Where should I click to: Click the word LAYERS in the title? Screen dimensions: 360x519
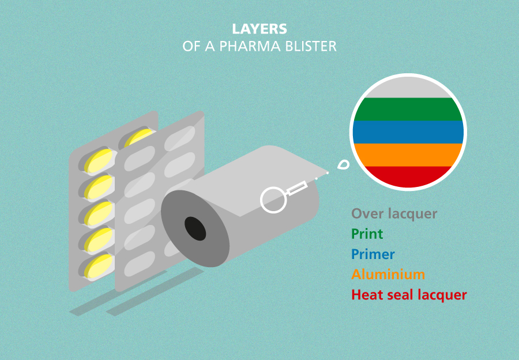[259, 29]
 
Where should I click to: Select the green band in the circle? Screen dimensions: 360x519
[408, 109]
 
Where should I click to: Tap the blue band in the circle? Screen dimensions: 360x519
[408, 132]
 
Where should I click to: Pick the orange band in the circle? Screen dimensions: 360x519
[408, 155]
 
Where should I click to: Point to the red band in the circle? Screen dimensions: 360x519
[408, 175]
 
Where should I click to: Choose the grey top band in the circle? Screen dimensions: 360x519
[408, 87]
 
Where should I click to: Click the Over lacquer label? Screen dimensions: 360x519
[394, 213]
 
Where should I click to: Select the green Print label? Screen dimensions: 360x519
[367, 234]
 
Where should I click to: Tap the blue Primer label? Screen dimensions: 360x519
[373, 254]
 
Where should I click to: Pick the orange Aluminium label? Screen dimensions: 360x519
[388, 275]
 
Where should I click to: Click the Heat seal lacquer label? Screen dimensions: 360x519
[409, 295]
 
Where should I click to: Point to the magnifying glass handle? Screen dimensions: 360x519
[297, 187]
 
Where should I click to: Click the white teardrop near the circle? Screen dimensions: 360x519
[344, 164]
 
